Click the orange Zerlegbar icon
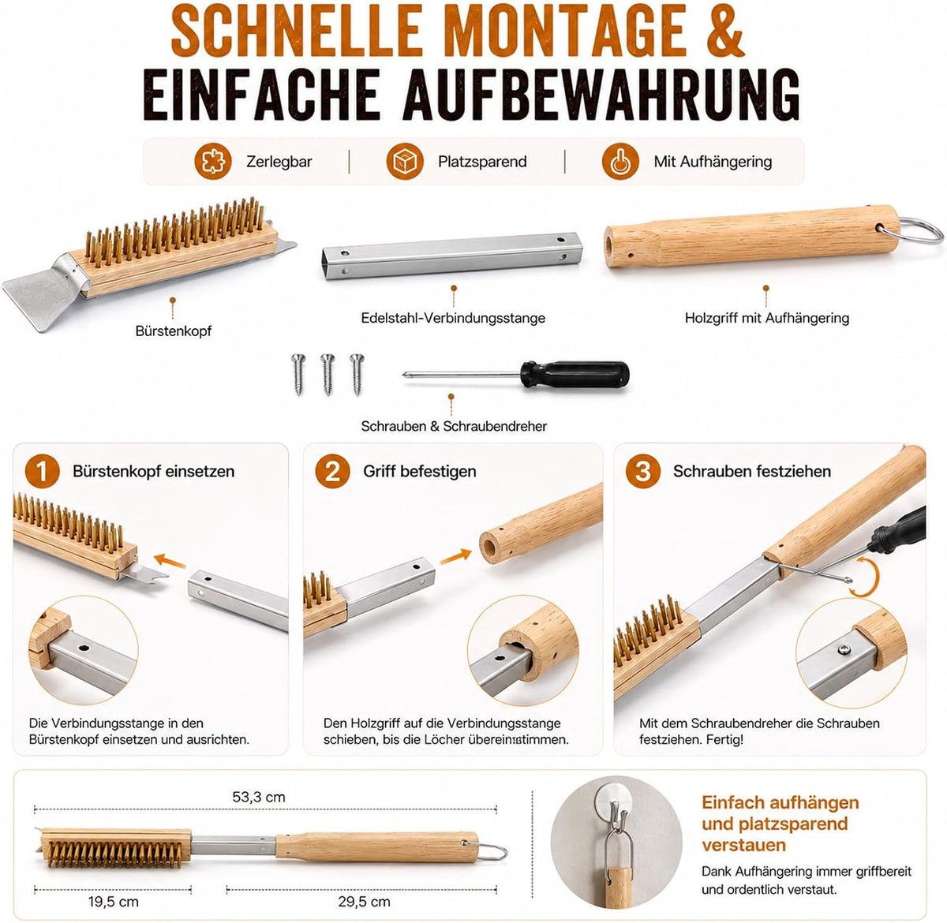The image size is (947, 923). [212, 162]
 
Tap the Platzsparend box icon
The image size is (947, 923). [405, 162]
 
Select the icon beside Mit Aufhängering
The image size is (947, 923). [620, 162]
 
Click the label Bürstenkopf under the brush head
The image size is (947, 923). [174, 331]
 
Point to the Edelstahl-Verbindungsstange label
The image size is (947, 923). [453, 318]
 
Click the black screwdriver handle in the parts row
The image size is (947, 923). [575, 374]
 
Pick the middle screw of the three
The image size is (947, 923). [328, 374]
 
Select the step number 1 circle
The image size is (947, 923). [43, 471]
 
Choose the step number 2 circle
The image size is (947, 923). [332, 471]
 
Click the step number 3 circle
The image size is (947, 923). [643, 471]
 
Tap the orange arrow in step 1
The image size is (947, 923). [170, 561]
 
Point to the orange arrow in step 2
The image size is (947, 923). [455, 556]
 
